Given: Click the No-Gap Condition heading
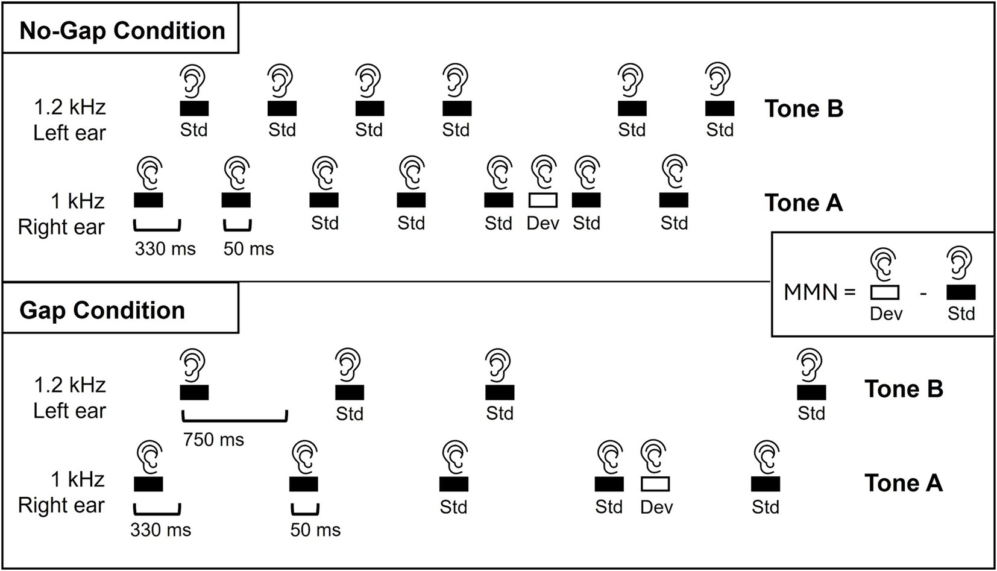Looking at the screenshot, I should coord(122,31).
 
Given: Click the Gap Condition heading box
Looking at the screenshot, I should coord(121,310).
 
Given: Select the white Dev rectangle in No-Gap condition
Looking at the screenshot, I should coord(543,200).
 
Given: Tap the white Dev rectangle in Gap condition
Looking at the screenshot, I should coord(655,484).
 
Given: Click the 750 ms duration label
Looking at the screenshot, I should coord(214,440).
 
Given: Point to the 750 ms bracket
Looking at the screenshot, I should coord(234,416).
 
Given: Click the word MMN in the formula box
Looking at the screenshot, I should coord(811,292).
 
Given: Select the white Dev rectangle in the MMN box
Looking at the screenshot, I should coord(885,292).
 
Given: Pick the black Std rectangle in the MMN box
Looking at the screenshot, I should coord(961,292).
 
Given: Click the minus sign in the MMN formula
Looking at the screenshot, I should coord(923,294).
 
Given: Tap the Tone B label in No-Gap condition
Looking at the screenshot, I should coord(804,109).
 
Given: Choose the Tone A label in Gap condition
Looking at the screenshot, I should coord(904,483).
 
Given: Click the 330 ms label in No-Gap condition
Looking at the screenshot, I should coord(165,248).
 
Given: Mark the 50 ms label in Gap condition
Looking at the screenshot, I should coord(315,530).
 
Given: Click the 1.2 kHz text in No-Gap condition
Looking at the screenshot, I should coord(70,107).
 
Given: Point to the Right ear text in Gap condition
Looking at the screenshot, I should coord(61,505).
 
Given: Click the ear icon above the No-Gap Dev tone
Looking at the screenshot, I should coord(544,171).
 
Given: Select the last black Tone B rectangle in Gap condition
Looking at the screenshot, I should coord(811,392).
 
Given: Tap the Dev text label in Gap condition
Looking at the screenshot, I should coord(656,507).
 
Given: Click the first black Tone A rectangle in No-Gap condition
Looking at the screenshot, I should coord(148,200).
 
